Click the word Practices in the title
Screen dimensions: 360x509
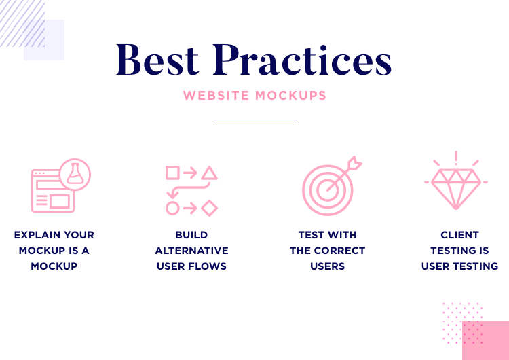[x=302, y=60]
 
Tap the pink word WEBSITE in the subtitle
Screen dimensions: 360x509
[x=216, y=95]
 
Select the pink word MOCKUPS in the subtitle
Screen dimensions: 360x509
[x=290, y=95]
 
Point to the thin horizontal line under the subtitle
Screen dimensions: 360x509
[x=255, y=120]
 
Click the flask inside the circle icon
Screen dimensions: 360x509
[x=75, y=175]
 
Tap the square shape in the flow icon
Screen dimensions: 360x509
[x=172, y=173]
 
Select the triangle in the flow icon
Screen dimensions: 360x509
[x=209, y=173]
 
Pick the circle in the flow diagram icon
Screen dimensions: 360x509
[x=172, y=208]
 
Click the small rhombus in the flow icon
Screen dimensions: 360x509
[x=210, y=208]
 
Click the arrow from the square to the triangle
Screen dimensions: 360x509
[x=191, y=173]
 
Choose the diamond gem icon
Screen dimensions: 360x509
[x=456, y=187]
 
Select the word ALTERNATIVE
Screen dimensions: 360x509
[x=191, y=251]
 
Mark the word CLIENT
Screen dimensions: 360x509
[x=459, y=235]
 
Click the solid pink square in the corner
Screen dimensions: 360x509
[x=485, y=340]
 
